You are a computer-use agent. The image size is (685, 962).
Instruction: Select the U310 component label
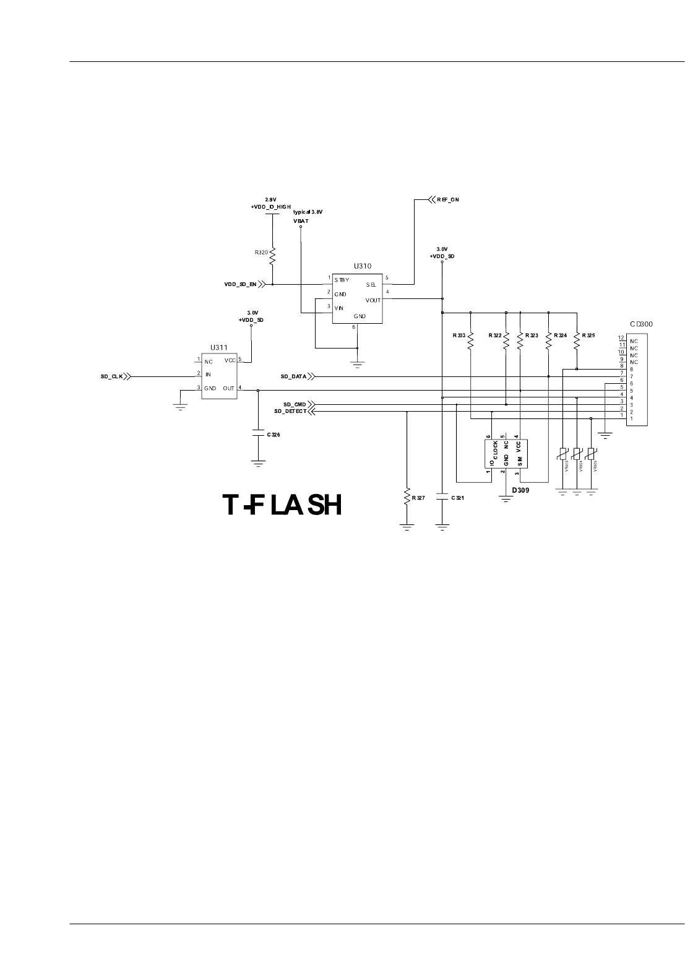(x=363, y=266)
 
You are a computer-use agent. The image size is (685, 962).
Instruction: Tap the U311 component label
(x=218, y=348)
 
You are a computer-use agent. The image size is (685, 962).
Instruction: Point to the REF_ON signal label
(x=448, y=200)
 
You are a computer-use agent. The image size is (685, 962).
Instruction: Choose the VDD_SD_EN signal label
(x=240, y=285)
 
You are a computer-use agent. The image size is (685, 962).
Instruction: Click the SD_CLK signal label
(x=112, y=376)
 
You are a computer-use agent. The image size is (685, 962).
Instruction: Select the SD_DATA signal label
(x=293, y=376)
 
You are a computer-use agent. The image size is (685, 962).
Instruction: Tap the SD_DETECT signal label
(x=290, y=411)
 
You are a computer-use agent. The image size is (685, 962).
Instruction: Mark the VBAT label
(x=301, y=220)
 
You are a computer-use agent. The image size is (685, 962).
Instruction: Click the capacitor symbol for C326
(x=258, y=435)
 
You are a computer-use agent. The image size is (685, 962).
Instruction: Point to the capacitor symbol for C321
(x=442, y=497)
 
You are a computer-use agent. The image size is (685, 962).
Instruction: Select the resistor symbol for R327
(x=407, y=497)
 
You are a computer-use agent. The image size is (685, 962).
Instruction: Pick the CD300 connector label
(x=641, y=324)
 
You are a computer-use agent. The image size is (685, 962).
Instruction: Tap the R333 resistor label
(x=459, y=336)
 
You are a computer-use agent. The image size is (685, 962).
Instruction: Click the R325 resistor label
(x=588, y=336)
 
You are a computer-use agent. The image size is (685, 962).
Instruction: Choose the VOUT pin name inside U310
(x=373, y=300)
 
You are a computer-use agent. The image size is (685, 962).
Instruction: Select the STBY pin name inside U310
(x=342, y=280)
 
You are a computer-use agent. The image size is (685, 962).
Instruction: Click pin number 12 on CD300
(x=621, y=338)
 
